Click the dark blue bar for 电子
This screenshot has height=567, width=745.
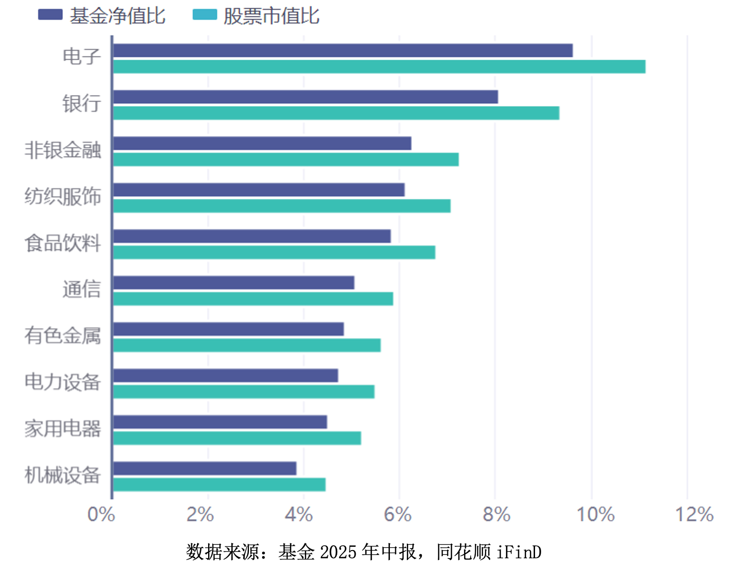342,50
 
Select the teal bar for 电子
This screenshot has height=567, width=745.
379,67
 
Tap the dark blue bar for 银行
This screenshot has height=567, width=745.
305,97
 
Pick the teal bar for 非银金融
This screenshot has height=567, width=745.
286,159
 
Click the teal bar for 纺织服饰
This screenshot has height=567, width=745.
281,206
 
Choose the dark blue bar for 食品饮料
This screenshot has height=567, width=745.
252,236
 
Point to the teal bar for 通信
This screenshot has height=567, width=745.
253,299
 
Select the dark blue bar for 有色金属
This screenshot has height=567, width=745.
228,329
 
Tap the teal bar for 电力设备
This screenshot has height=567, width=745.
243,392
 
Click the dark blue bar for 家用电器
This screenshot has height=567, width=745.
220,422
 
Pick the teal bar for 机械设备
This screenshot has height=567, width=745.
219,485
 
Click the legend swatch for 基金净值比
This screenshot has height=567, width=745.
50,15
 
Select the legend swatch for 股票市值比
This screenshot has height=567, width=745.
205,15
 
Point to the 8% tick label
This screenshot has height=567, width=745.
497,514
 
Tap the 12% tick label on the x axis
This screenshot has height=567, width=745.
694,514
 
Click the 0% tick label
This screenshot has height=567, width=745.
101,514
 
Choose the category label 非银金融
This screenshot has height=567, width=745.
63,150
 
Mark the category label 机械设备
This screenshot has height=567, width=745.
63,475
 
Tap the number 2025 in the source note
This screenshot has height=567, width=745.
338,552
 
